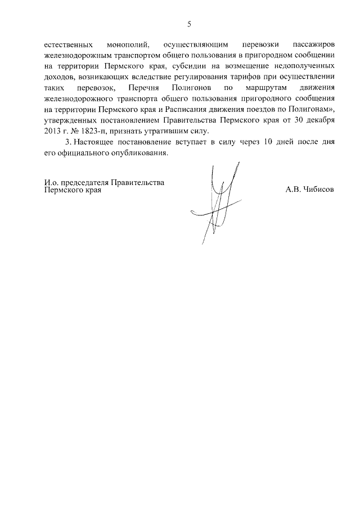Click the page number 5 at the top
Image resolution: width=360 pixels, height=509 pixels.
pyautogui.click(x=189, y=24)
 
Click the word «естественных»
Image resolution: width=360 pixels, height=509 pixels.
pyautogui.click(x=68, y=46)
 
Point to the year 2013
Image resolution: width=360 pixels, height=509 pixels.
pyautogui.click(x=53, y=130)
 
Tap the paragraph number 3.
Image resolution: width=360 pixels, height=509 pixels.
pyautogui.click(x=68, y=142)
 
